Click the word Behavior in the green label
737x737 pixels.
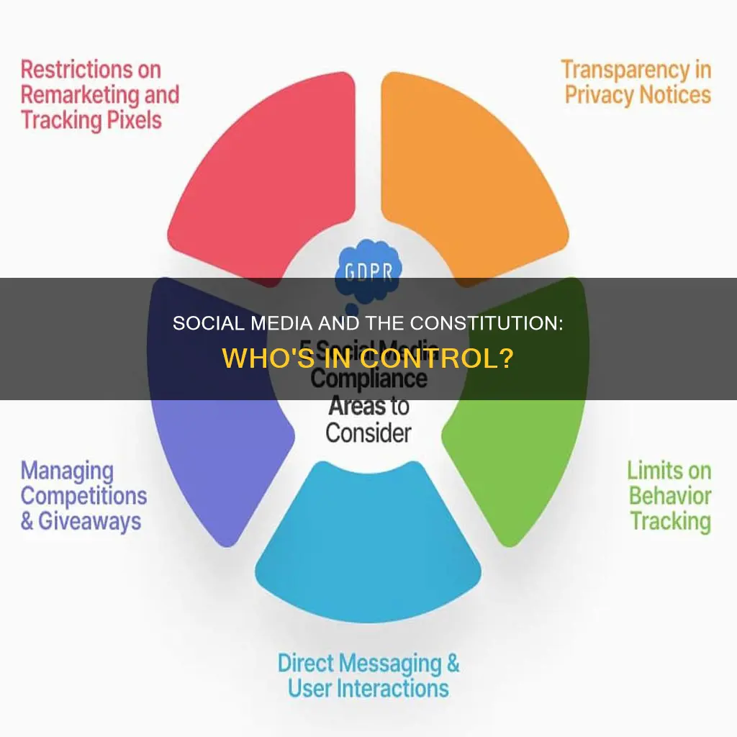(x=669, y=496)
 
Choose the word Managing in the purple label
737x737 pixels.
(x=67, y=471)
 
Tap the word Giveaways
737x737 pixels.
(x=89, y=521)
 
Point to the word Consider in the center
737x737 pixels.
(x=368, y=433)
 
